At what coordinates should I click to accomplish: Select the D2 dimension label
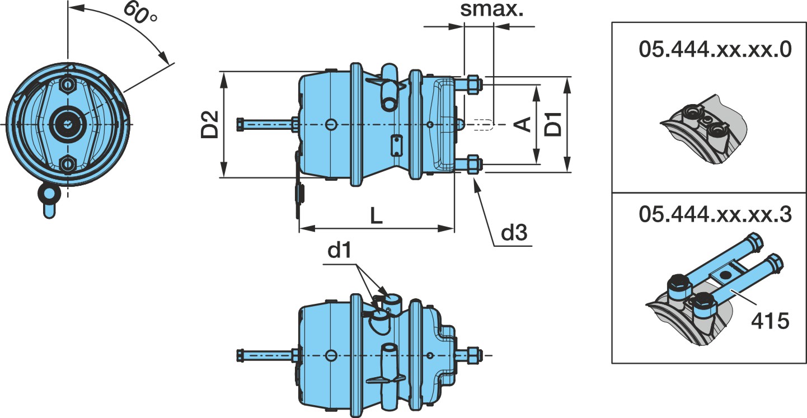tap(210, 124)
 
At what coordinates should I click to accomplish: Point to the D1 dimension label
tap(553, 124)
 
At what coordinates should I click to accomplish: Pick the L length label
tap(377, 215)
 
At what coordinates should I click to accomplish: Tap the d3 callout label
tap(514, 232)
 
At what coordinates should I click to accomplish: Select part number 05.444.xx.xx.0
tap(715, 49)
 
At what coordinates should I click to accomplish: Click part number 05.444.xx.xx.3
tap(715, 214)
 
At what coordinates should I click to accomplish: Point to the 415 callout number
tap(770, 321)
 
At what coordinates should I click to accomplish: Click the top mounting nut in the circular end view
tap(67, 85)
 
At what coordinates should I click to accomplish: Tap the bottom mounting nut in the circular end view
tap(67, 165)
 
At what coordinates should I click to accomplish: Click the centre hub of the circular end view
tap(68, 124)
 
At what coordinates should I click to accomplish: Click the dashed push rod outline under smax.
tap(483, 124)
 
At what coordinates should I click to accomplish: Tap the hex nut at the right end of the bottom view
tap(474, 355)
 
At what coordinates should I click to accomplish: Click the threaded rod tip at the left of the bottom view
tap(240, 355)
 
